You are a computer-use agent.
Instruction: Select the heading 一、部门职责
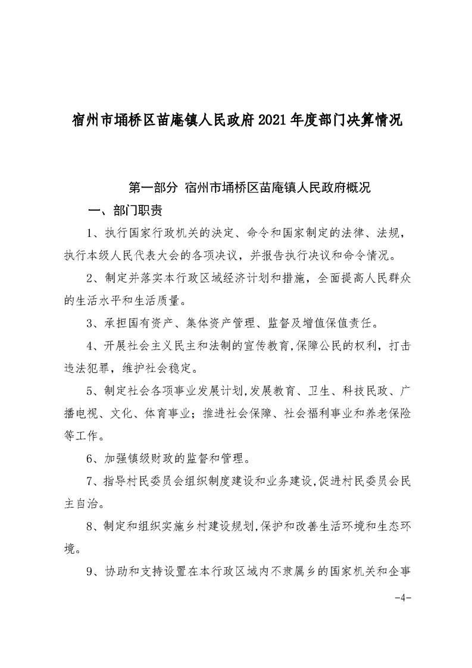[x=125, y=211]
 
